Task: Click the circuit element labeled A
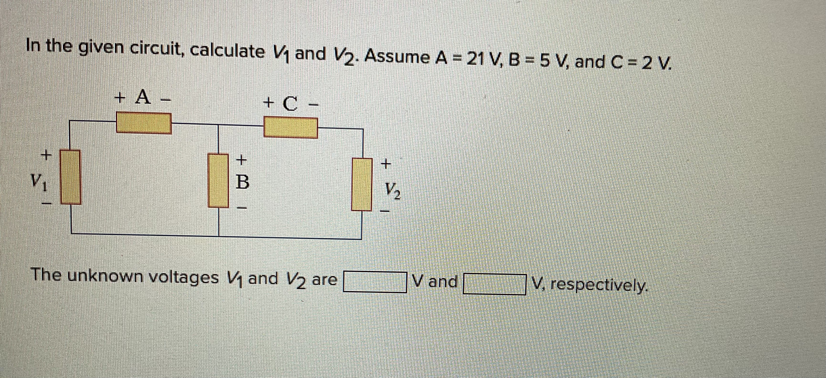(144, 122)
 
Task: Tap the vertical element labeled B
(218, 180)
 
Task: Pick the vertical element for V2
(362, 184)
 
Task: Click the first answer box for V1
(374, 282)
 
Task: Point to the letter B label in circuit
(242, 182)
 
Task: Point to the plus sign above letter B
(242, 159)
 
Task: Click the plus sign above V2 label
(386, 164)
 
